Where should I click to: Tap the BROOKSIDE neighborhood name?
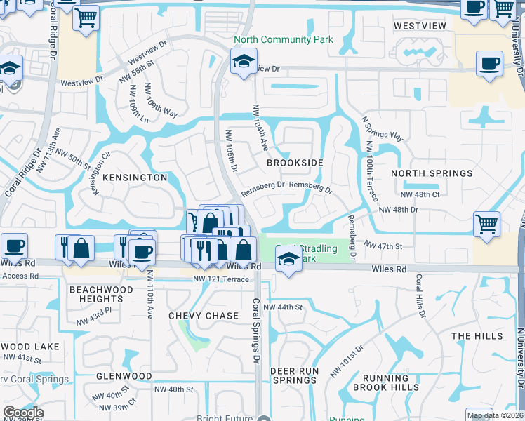click(295, 162)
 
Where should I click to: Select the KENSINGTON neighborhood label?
click(135, 178)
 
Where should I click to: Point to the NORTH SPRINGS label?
click(432, 173)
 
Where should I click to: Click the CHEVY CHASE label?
click(204, 316)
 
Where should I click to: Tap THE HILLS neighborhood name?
click(477, 336)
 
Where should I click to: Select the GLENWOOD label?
click(124, 376)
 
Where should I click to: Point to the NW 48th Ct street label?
click(420, 194)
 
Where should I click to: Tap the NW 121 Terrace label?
click(220, 279)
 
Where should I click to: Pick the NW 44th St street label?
click(282, 307)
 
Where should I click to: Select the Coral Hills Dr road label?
click(420, 295)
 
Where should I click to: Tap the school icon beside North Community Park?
click(244, 61)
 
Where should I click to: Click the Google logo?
click(23, 413)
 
